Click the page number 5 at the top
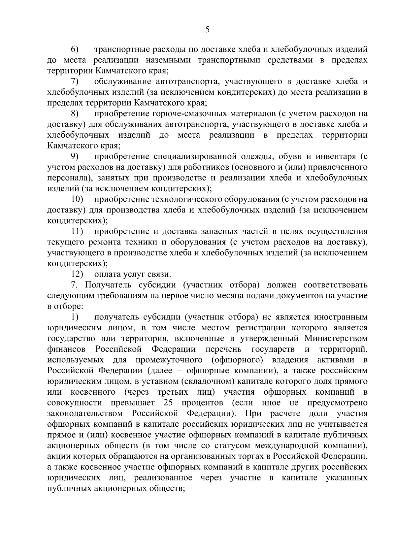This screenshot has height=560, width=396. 207,30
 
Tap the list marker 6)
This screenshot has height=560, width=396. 75,49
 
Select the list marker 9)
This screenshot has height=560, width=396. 75,156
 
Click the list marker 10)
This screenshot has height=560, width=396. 77,199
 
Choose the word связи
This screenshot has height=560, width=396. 160,274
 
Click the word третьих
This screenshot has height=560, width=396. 173,392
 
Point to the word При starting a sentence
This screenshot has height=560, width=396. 253,413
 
